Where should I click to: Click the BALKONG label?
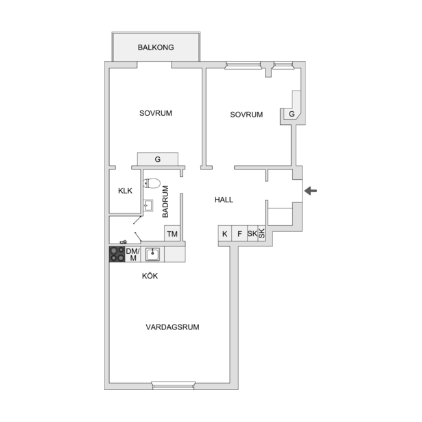coord(156,47)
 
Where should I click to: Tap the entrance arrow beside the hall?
coord(311,191)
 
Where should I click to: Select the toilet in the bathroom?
coord(152,183)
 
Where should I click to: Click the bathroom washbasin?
coord(148,206)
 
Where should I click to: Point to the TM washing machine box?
coord(172,233)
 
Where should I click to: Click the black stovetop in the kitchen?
coord(117,255)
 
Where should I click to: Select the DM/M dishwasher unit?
coord(133,255)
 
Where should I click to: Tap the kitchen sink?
coord(152,255)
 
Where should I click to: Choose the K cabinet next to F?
coord(225,233)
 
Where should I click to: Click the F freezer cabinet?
coord(239,233)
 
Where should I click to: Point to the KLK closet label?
coord(125,191)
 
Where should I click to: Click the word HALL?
coord(224,200)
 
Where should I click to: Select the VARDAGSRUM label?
coord(172,327)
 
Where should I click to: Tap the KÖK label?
coord(150,276)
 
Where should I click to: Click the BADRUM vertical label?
coord(165,202)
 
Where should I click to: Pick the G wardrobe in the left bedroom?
coord(158,159)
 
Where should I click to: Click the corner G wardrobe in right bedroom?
coord(292,114)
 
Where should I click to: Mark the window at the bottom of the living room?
coord(174,386)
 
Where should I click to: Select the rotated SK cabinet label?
coord(261,233)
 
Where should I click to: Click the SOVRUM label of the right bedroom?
coord(246,115)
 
